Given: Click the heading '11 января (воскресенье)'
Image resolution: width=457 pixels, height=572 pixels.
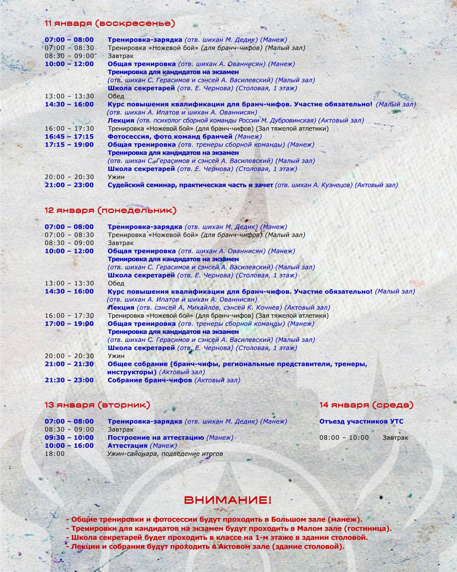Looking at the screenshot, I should point(109,23).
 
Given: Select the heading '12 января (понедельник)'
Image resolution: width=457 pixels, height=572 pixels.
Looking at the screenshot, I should point(110,210).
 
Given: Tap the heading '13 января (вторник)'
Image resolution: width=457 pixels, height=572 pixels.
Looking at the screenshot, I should point(97,405).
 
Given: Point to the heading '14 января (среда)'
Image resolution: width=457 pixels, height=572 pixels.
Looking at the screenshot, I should point(366,405).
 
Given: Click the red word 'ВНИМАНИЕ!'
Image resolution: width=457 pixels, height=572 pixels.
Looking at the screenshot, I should point(228,500).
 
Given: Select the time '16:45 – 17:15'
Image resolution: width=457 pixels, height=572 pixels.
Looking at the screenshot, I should point(69,137).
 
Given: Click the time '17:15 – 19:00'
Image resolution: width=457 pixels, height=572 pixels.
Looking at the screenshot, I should point(69,145).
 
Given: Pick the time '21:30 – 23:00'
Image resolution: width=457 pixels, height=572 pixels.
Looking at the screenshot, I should point(69,380).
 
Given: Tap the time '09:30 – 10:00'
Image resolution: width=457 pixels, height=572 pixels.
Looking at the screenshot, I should point(69,437).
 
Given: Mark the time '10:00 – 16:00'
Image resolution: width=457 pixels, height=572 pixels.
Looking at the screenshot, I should point(69,446).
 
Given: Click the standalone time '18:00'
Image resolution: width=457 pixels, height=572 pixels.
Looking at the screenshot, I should point(55,454).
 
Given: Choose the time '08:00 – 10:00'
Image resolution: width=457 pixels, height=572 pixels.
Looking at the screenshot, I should point(344,437).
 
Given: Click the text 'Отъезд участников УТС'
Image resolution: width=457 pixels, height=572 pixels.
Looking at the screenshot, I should point(361,421).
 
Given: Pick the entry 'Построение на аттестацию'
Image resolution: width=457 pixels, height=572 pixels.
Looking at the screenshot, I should point(155,437).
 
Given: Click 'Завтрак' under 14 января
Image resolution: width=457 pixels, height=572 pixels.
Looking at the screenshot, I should point(395,437).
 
